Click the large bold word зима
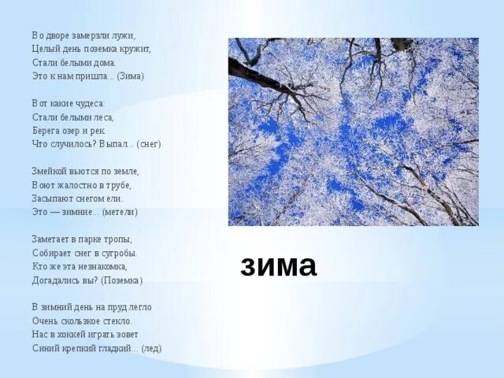click(279, 265)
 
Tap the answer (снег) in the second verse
click(148, 144)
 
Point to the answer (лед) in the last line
click(151, 348)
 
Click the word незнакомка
click(103, 266)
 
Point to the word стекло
click(116, 321)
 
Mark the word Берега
click(47, 130)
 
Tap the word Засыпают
click(52, 198)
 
